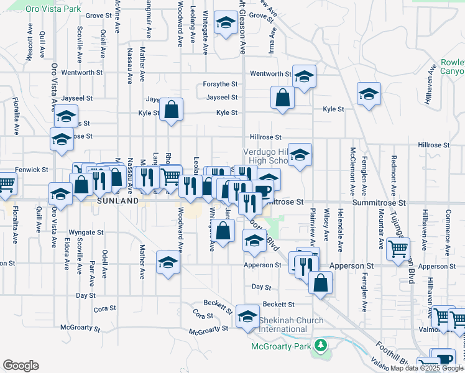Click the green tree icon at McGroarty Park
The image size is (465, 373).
click(321, 344)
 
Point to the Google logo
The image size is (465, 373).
click(21, 366)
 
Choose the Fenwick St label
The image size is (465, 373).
click(32, 169)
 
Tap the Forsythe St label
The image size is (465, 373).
click(221, 84)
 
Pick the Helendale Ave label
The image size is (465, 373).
click(340, 229)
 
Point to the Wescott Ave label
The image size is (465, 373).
click(29, 42)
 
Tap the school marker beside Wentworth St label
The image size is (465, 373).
click(304, 76)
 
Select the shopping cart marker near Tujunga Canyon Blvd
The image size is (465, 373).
click(398, 249)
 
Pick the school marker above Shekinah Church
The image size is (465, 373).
click(247, 317)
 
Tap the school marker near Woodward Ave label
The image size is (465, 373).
click(168, 262)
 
